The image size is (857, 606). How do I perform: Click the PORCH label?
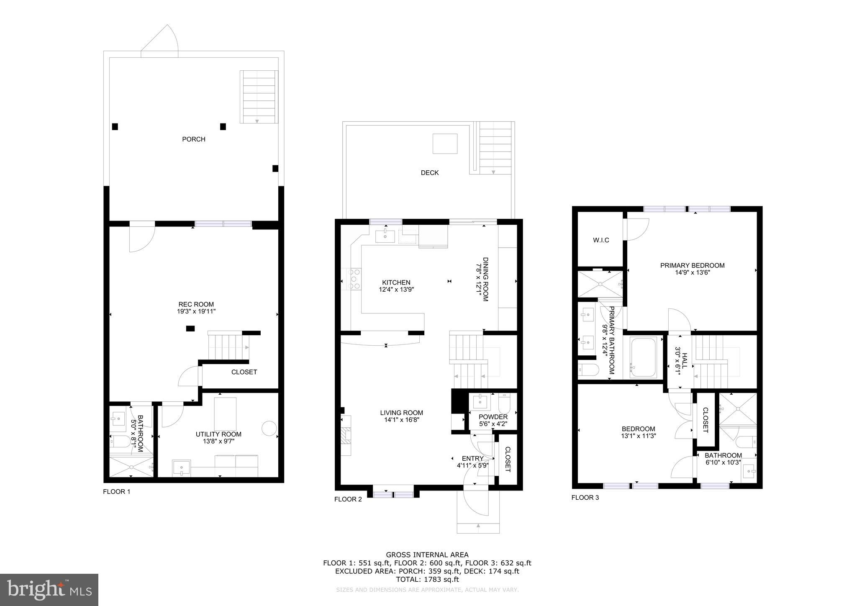point(193,139)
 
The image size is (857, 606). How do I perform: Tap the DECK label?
point(429,173)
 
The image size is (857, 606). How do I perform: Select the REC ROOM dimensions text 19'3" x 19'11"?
point(196,311)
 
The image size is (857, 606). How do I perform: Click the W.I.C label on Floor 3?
point(601,240)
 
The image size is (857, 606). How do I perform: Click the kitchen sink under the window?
point(385,236)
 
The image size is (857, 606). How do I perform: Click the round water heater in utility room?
point(269,428)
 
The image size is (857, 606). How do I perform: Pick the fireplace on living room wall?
point(346,436)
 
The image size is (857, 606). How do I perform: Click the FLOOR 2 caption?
point(348,499)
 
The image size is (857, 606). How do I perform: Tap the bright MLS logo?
point(49,590)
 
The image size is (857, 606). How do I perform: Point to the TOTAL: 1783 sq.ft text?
point(427,580)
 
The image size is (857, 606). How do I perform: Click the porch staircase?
point(259,97)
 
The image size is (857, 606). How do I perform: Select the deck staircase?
point(495,149)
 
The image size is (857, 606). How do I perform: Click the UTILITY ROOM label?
point(218,434)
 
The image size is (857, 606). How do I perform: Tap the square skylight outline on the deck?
point(445,144)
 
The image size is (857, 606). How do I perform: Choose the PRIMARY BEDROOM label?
point(692,265)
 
